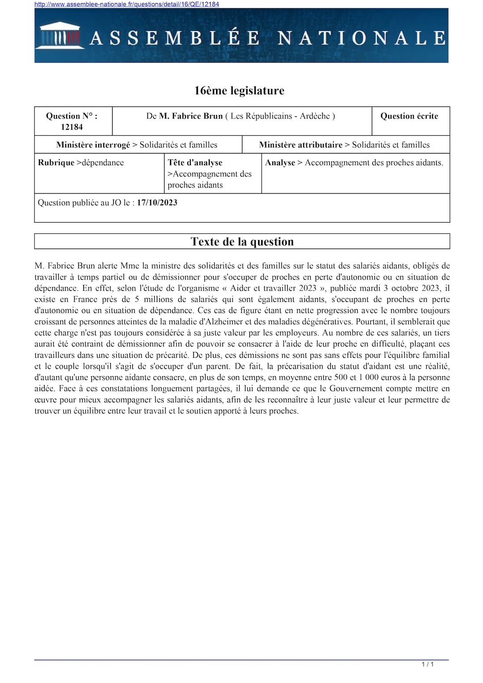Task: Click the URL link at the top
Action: point(127,4)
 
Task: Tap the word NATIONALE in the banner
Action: point(361,38)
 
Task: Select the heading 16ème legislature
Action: point(239,91)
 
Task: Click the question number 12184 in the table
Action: point(72,127)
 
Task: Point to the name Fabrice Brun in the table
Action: point(191,116)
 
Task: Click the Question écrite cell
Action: point(409,116)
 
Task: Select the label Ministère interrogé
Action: point(93,145)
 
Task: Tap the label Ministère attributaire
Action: point(301,145)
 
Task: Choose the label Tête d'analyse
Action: point(195,163)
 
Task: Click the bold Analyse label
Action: point(280,163)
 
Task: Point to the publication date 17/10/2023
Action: point(157,203)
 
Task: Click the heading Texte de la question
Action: point(242,242)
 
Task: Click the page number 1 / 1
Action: point(428,664)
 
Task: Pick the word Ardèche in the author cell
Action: point(314,116)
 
